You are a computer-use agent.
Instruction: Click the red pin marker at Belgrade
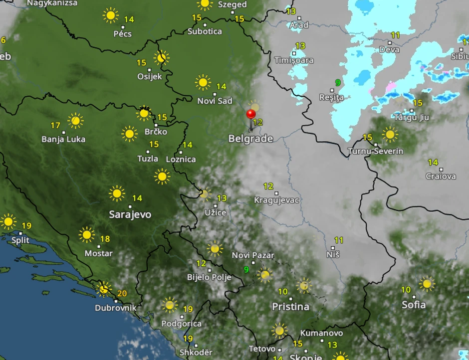(x=251, y=115)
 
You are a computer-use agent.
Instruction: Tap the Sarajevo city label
(x=130, y=214)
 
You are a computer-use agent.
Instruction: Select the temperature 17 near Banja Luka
(x=55, y=125)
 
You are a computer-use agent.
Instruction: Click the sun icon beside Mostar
(x=86, y=234)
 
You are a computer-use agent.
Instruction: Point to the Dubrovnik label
(x=115, y=308)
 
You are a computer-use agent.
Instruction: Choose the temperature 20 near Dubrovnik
(x=122, y=293)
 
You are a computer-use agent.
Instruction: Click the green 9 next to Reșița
(x=338, y=83)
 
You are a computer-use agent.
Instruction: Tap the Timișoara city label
(x=294, y=60)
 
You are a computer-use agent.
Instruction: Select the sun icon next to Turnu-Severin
(x=390, y=134)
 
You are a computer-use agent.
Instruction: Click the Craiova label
(x=441, y=176)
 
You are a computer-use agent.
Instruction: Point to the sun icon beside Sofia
(x=426, y=284)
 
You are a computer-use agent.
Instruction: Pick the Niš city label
(x=333, y=254)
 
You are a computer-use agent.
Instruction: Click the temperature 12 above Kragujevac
(x=268, y=186)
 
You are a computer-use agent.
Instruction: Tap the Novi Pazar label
(x=253, y=255)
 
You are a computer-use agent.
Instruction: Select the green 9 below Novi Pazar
(x=246, y=270)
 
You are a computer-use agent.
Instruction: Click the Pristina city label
(x=290, y=306)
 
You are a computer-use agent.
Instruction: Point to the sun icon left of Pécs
(x=110, y=15)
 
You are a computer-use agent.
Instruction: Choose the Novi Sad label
(x=215, y=101)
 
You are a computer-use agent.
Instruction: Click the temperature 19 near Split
(x=26, y=226)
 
